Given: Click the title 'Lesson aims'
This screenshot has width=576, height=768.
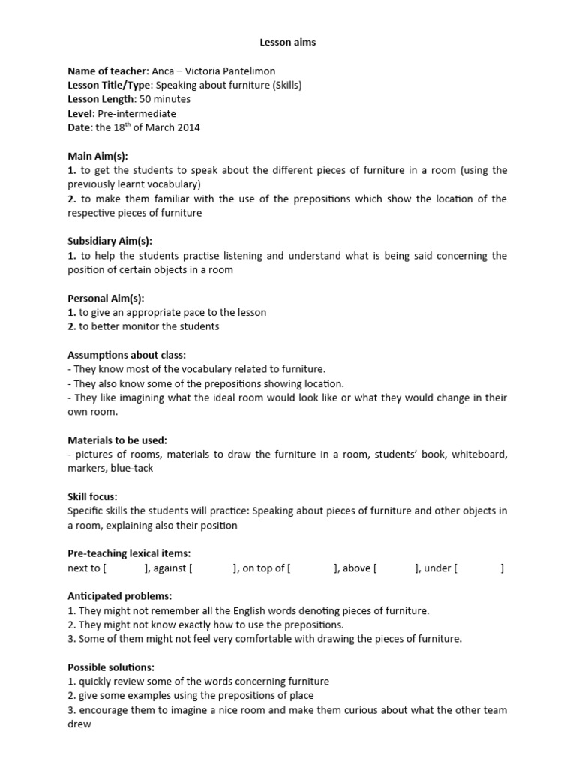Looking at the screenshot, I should point(288,43).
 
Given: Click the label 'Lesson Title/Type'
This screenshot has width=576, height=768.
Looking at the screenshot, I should point(109,85).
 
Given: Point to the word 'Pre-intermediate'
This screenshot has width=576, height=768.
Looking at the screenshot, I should point(140,114).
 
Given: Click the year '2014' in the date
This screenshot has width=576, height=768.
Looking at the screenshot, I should point(188,128).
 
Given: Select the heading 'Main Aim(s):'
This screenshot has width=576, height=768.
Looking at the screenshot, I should point(97,156).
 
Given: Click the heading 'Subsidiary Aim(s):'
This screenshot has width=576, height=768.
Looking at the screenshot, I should point(109,241).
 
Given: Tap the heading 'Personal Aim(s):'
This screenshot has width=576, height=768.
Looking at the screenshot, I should point(106,298).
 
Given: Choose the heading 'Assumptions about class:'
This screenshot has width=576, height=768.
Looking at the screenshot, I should point(127,355).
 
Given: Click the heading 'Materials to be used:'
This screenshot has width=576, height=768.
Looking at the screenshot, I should point(117,440).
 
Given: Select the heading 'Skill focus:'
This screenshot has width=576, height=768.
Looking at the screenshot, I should point(92,497).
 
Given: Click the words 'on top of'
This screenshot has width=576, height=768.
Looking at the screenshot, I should point(264,568).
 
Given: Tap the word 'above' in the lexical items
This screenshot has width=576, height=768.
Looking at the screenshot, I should point(356,568).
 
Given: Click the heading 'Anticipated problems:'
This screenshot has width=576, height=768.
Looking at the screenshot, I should point(120,597).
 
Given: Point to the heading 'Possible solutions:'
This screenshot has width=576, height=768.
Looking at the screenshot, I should point(111,667).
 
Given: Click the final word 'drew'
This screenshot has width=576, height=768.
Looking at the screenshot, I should point(79,724).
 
